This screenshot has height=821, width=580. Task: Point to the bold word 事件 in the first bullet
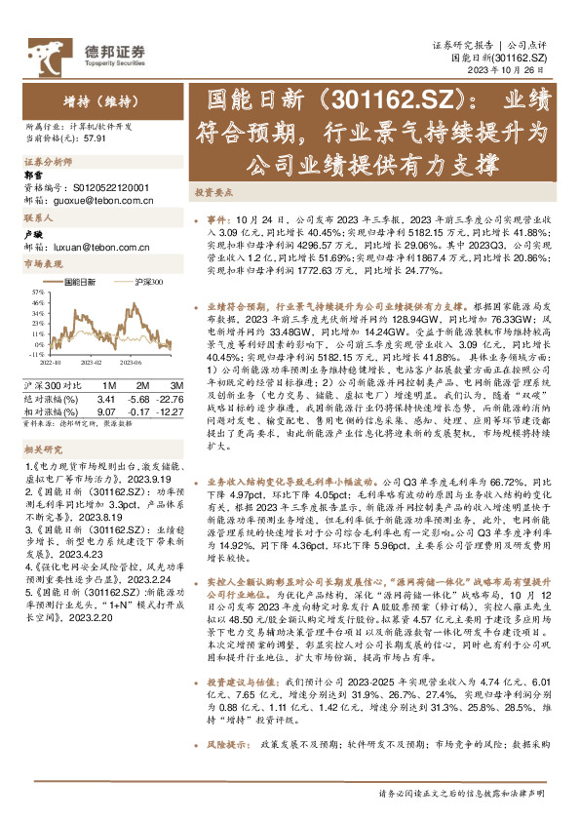coord(220,220)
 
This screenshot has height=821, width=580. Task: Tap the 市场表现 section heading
coord(40,264)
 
